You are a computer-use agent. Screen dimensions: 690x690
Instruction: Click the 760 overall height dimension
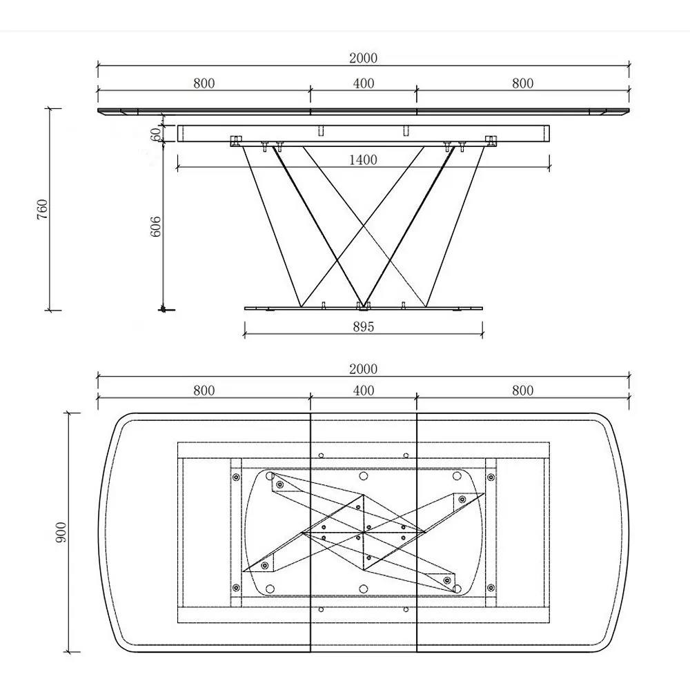[42, 210]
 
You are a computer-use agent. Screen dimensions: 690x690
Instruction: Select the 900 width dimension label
[61, 533]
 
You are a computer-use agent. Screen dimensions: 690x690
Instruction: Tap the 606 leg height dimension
[156, 226]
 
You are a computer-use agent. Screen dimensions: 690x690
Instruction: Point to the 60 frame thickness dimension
[155, 135]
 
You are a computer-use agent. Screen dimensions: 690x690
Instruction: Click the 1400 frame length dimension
[363, 160]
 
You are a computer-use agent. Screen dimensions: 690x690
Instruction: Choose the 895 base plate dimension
[364, 326]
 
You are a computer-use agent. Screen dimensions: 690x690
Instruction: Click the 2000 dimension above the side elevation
[364, 58]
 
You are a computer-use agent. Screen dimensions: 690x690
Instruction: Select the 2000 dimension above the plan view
[364, 368]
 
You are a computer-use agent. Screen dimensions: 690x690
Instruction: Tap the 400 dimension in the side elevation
[364, 83]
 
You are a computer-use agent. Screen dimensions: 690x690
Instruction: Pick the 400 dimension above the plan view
[364, 391]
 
